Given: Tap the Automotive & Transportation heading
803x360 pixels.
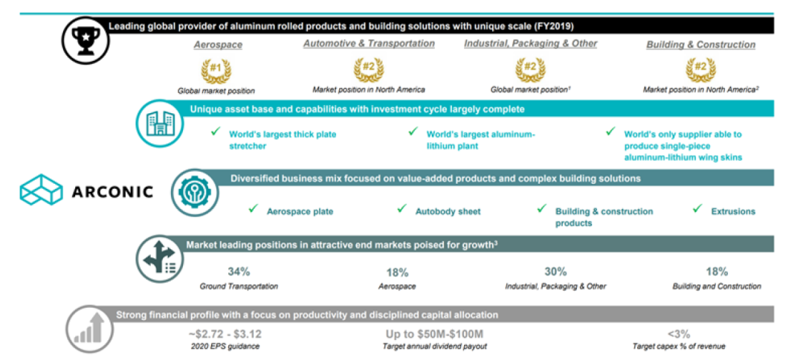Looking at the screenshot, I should [369, 43].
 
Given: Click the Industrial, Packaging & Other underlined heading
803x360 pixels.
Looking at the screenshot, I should [530, 43].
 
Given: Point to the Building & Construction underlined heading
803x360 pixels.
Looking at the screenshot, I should [700, 45].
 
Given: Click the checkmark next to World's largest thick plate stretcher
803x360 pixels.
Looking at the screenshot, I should [215, 132].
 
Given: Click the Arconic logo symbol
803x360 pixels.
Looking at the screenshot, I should [42, 190].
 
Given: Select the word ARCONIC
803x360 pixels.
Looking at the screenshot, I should [112, 192].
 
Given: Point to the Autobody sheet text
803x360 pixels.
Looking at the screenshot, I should [448, 211].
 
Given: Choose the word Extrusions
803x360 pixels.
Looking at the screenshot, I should [732, 211].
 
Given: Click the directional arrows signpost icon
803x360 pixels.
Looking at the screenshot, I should [158, 258].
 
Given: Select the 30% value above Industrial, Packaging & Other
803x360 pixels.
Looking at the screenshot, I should [555, 271].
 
